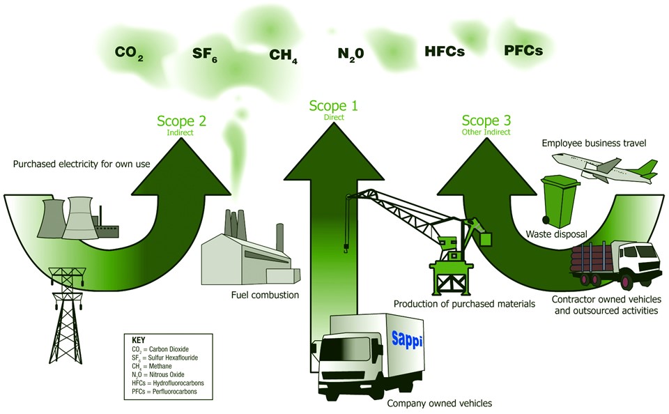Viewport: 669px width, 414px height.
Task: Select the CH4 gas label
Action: tap(283, 55)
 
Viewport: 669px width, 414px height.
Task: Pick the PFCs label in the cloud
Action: tap(523, 50)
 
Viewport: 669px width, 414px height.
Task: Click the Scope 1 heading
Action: tap(333, 106)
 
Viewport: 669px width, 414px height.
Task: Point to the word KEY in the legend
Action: tap(138, 339)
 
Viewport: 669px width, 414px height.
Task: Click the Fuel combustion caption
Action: tap(265, 295)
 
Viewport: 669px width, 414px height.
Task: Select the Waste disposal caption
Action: tap(555, 234)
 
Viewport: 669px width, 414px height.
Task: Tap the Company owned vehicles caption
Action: tap(439, 403)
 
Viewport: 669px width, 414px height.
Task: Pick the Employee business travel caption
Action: tap(594, 143)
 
